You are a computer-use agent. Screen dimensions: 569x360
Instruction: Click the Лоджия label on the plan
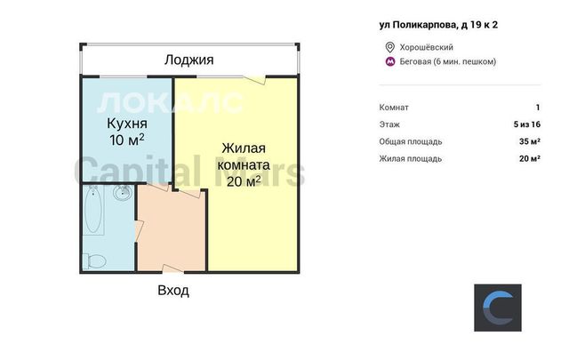pos(188,60)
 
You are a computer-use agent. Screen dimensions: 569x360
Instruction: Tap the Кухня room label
pos(127,124)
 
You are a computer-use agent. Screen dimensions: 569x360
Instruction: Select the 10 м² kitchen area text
pos(126,140)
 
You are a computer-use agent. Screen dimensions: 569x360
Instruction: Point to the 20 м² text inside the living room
pos(244,181)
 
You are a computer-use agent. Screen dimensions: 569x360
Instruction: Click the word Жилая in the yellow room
pos(244,148)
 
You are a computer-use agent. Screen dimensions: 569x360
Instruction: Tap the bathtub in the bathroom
pos(93,210)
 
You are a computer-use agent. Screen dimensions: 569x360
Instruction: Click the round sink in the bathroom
pos(122,192)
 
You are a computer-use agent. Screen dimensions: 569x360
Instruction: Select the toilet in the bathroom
pos(95,261)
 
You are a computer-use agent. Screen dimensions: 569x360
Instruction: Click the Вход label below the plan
pos(173,291)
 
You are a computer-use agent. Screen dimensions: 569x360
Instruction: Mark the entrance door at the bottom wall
pos(173,269)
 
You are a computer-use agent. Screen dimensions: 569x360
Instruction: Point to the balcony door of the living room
pos(254,80)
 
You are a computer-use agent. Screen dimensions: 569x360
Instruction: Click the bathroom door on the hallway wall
pos(140,230)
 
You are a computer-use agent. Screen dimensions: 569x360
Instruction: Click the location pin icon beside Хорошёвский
pos(389,47)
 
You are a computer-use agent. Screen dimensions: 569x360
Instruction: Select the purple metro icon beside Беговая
pos(390,61)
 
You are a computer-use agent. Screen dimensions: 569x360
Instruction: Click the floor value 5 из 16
pos(527,124)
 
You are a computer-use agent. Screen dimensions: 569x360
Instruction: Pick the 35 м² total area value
pos(530,141)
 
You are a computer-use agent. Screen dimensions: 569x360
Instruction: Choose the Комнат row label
pos(394,108)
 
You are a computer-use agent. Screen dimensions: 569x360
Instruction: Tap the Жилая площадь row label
pos(411,159)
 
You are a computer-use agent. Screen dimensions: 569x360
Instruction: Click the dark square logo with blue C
pos(498,308)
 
